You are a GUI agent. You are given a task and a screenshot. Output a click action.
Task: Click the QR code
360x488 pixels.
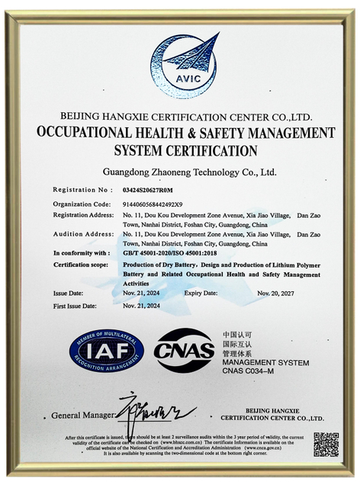pyautogui.click(x=326, y=444)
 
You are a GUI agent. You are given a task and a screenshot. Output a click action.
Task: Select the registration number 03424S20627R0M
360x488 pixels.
pyautogui.click(x=148, y=190)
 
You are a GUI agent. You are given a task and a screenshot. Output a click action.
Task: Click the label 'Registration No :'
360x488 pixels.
pyautogui.click(x=84, y=190)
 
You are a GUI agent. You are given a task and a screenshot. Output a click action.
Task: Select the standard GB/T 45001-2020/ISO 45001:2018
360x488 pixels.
pyautogui.click(x=170, y=252)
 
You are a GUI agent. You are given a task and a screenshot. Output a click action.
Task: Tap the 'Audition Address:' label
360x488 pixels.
pyautogui.click(x=83, y=234)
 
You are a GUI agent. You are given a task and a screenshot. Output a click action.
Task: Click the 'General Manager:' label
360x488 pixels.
pyautogui.click(x=82, y=416)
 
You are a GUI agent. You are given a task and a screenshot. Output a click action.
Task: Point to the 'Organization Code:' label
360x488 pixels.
pyautogui.click(x=82, y=204)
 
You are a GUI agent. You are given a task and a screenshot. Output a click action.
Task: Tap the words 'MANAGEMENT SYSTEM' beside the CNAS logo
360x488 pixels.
pyautogui.click(x=265, y=362)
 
